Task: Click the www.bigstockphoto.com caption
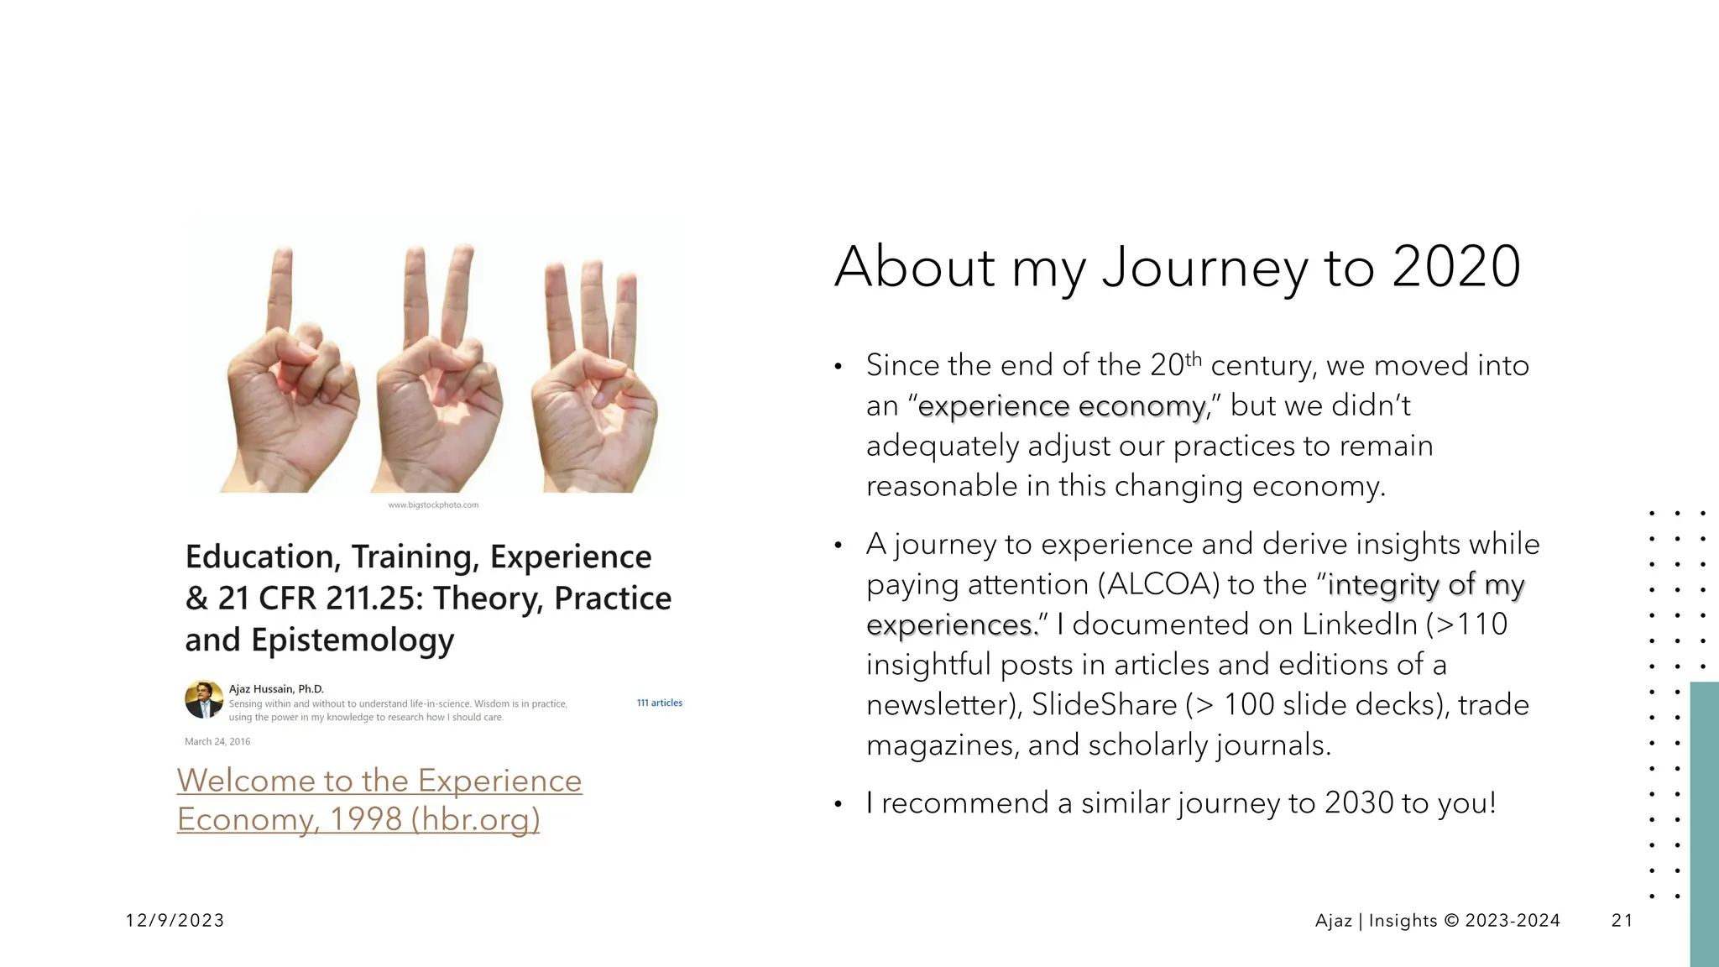click(x=433, y=505)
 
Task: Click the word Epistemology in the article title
click(x=353, y=640)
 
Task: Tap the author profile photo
click(x=204, y=700)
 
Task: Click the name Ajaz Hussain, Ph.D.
click(x=276, y=689)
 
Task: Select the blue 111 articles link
click(x=659, y=703)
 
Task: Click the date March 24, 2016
click(x=217, y=742)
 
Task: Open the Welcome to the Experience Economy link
click(x=379, y=799)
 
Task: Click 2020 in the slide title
click(x=1455, y=267)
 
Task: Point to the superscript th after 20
click(x=1193, y=359)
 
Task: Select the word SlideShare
click(x=1104, y=705)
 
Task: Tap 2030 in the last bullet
click(x=1359, y=803)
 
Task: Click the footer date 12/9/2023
click(x=175, y=921)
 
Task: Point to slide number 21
click(x=1622, y=921)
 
